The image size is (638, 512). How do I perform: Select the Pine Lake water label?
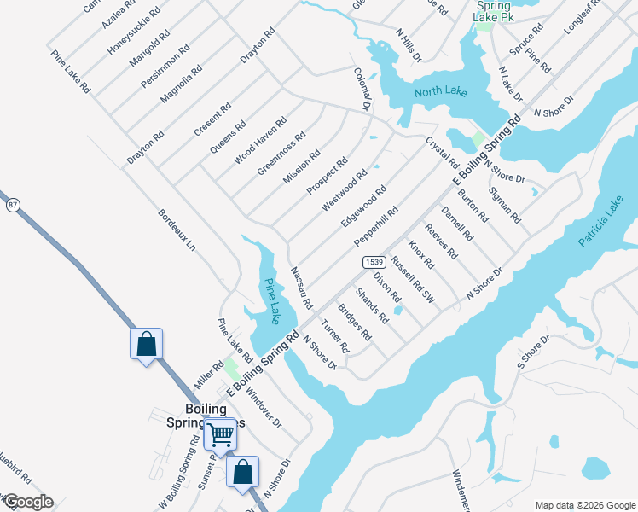[x=272, y=302]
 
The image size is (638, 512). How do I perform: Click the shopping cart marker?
[x=221, y=435]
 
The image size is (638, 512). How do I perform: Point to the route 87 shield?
[x=12, y=206]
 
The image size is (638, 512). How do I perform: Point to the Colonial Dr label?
[x=362, y=89]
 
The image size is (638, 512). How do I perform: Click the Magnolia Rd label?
[x=181, y=84]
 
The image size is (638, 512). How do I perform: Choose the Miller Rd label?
[x=208, y=375]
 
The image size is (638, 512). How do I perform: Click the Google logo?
[x=27, y=502]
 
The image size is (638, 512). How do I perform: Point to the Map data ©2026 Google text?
[x=584, y=505]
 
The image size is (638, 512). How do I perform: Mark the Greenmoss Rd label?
[x=281, y=154]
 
